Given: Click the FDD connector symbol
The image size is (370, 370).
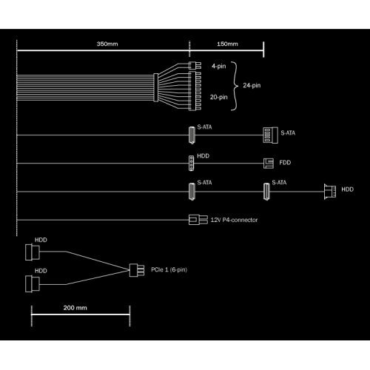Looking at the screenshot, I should tap(267, 163).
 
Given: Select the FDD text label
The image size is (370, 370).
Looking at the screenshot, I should tap(286, 163).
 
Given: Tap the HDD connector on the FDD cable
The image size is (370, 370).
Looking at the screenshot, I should tap(192, 163).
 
